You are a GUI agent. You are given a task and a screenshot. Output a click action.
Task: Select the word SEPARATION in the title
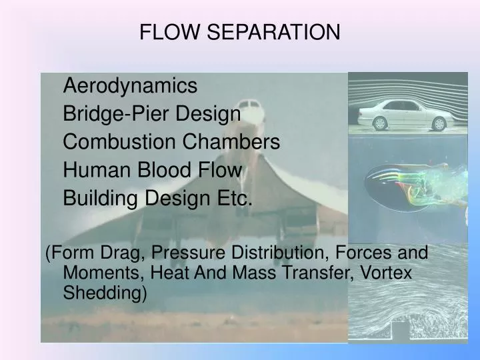(267, 32)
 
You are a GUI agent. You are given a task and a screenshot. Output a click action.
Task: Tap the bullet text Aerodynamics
(130, 85)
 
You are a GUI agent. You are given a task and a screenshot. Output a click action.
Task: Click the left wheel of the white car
(380, 123)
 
